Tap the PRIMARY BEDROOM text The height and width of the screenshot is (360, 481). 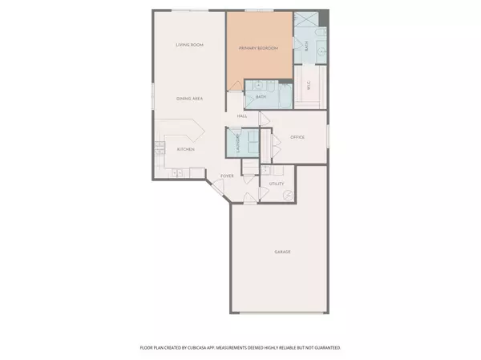pos(258,50)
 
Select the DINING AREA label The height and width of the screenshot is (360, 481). pos(190,98)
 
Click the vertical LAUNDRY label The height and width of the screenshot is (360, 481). pos(238,142)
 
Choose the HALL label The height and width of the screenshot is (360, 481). pos(241,116)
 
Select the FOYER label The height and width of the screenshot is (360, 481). pos(227,175)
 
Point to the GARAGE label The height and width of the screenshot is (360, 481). pos(283,252)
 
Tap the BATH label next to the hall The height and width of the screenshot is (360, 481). pos(261,97)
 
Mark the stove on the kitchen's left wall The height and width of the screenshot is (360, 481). pos(159,150)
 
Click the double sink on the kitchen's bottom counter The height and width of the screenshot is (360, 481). pos(177,172)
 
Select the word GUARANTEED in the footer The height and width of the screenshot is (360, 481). pos(325,348)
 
